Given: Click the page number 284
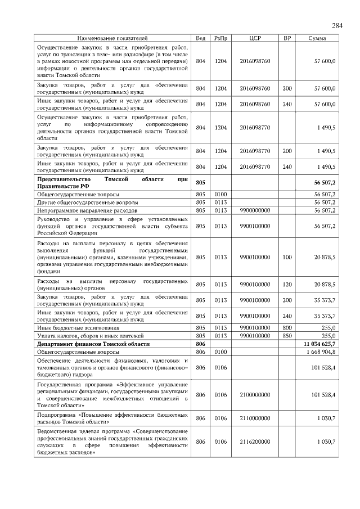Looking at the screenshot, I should pos(337,25).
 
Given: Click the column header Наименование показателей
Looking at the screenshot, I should pos(112,38).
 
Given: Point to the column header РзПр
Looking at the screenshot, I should pos(220,38).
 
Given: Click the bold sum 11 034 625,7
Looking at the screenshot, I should pos(319,343).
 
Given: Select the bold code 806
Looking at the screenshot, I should pos(200,343).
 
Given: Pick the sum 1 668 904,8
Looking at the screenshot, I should pos(319,352).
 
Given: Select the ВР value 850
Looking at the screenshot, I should pos(287,335).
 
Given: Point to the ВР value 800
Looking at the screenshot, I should pos(287,327).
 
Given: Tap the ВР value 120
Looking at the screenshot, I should pos(287,284).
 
